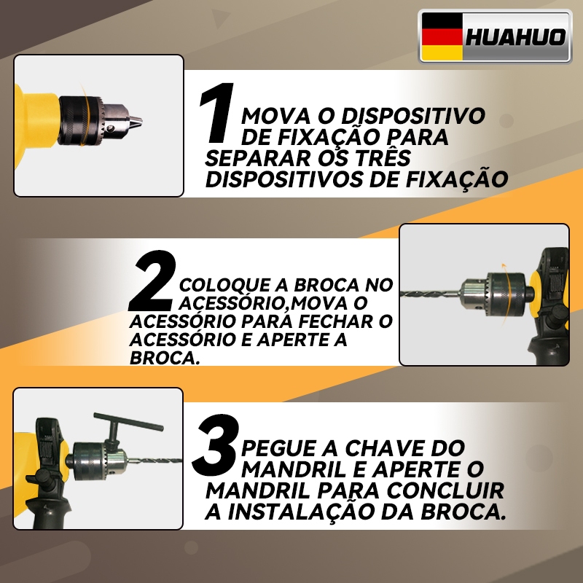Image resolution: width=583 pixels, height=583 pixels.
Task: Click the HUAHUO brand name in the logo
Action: click(515, 37)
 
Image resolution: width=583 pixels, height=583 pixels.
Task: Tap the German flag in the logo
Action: click(442, 36)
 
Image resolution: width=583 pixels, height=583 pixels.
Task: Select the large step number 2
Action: click(152, 281)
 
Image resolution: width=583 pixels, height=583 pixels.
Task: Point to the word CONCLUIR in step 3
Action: click(445, 490)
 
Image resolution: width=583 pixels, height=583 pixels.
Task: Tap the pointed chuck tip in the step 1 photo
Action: click(137, 120)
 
